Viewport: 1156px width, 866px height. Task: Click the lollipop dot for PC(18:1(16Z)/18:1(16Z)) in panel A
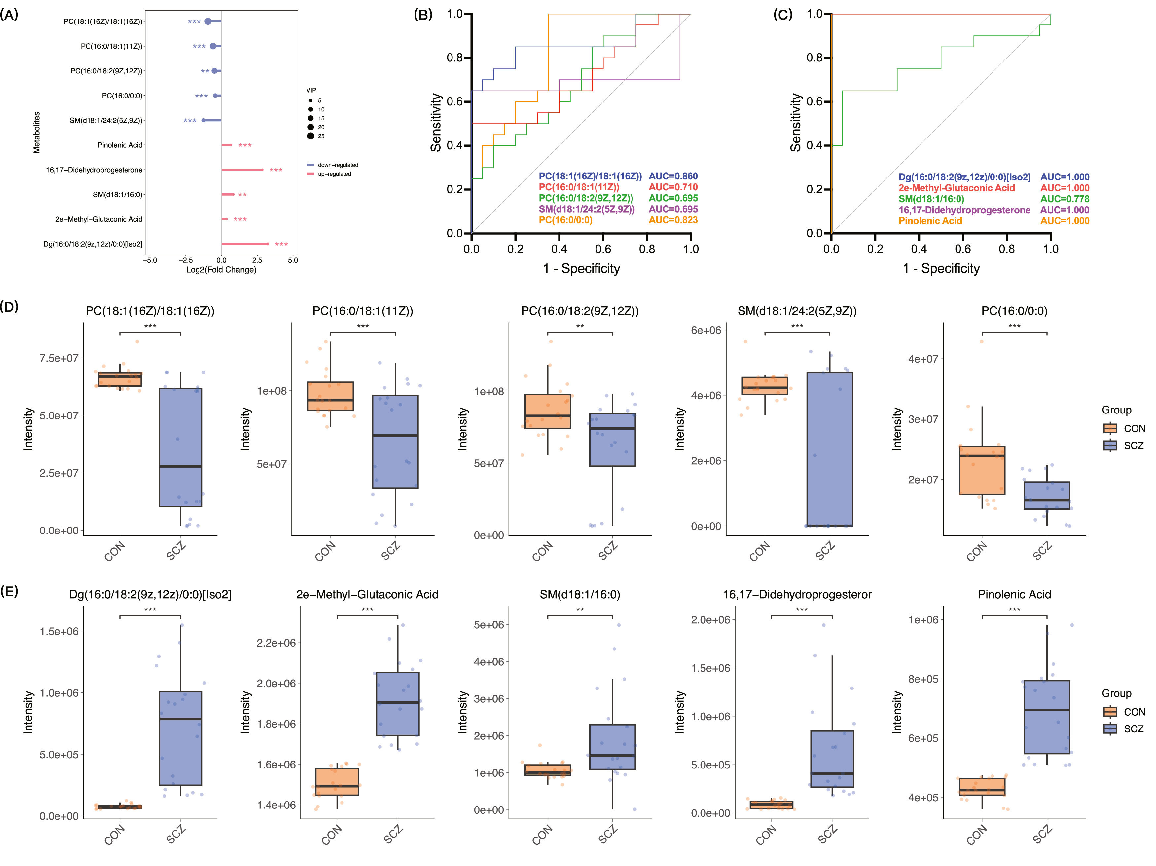[208, 21]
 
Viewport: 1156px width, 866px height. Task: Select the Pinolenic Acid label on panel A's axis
[120, 145]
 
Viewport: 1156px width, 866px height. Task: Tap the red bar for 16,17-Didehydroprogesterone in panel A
[242, 170]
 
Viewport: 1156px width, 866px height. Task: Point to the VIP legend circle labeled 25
[311, 136]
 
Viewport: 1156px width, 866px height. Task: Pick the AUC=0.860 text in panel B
[673, 176]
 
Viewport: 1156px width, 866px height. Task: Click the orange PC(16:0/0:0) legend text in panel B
[565, 220]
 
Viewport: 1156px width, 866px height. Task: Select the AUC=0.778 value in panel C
[1065, 199]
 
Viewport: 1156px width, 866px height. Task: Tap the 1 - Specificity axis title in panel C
[941, 268]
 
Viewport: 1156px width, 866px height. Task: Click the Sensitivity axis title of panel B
[436, 123]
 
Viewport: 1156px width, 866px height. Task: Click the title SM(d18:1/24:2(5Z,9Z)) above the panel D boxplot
[797, 311]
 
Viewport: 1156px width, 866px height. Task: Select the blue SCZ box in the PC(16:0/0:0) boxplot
[1047, 495]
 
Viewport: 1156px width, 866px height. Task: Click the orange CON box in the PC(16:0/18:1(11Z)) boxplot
[330, 396]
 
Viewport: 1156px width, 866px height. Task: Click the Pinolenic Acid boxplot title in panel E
[1014, 595]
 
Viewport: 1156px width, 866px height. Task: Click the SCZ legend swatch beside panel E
[1110, 729]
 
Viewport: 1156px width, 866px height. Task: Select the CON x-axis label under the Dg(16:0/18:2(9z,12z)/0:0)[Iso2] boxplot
[115, 835]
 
